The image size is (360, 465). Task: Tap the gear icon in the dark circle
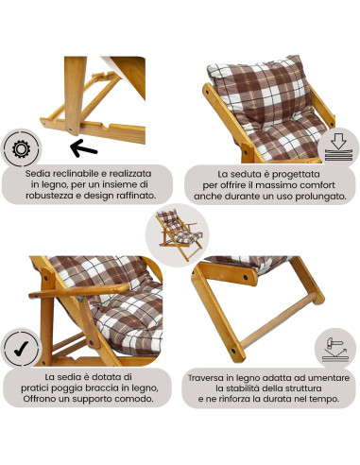21,149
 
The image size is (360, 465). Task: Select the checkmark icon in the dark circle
21,349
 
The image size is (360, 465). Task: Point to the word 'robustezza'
60,199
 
